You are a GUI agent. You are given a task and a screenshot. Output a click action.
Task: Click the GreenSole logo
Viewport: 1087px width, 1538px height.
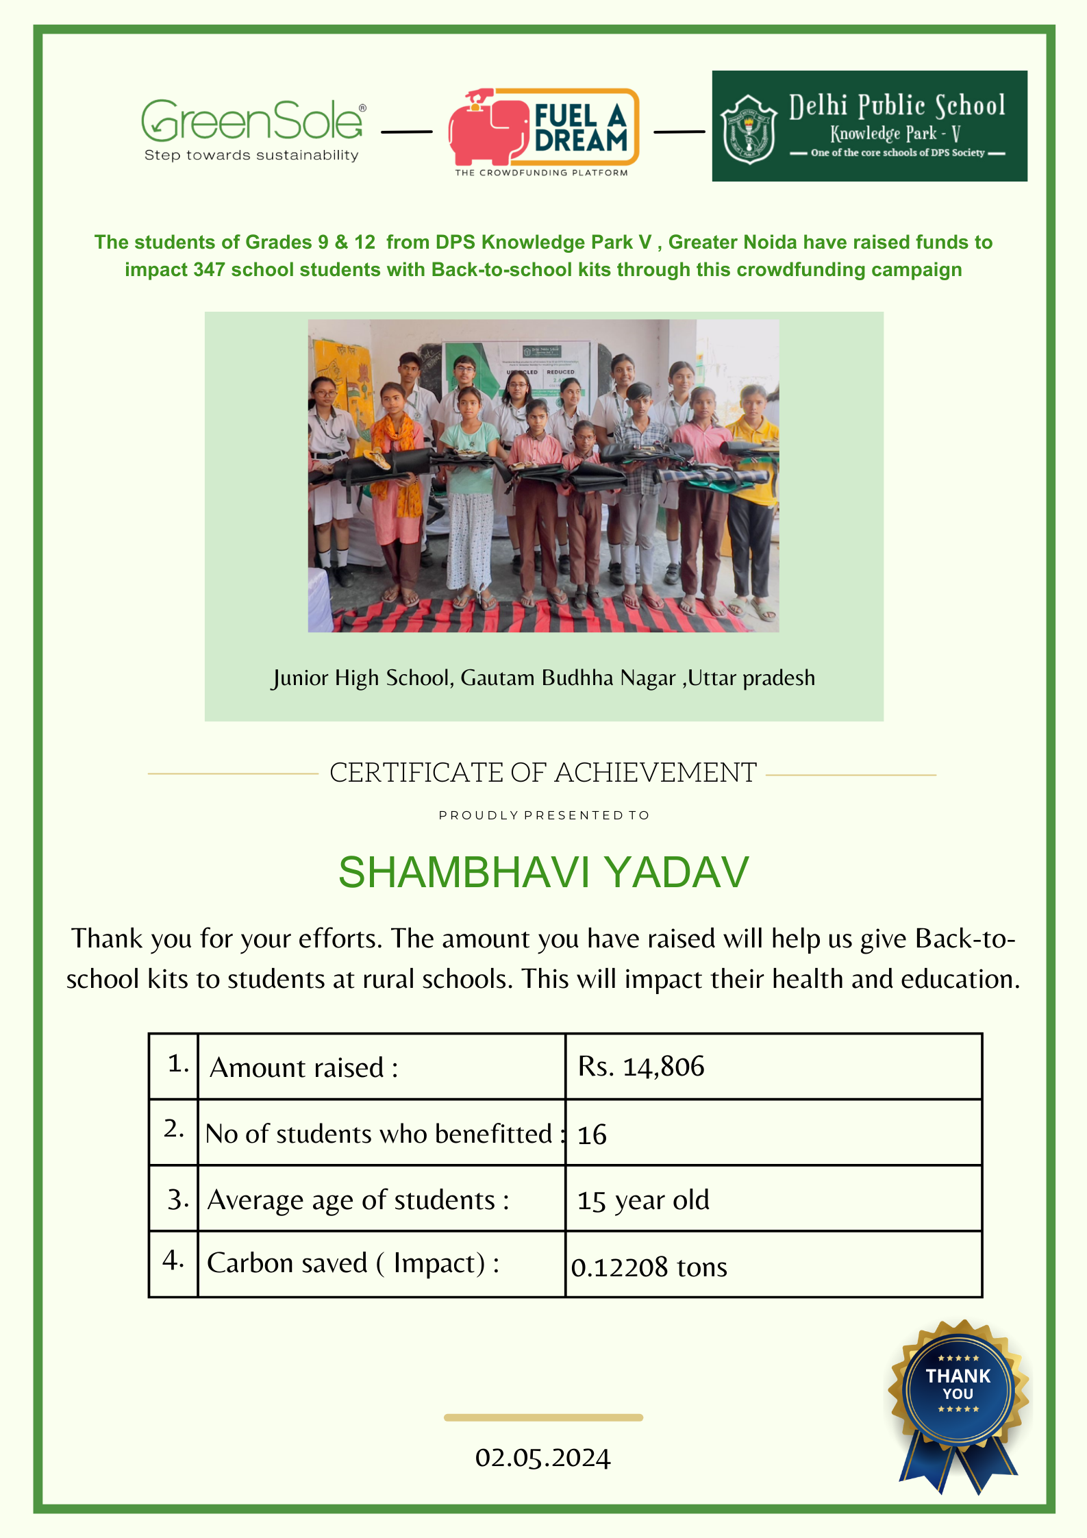tap(252, 121)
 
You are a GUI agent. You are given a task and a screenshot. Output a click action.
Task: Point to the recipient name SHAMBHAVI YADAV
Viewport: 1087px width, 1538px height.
tap(544, 873)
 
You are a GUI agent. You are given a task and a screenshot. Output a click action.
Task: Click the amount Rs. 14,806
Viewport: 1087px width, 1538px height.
tap(641, 1067)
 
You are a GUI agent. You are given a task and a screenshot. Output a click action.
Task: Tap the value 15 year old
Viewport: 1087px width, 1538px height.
tap(643, 1200)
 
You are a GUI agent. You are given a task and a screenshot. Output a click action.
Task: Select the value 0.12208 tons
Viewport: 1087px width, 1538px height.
tap(649, 1267)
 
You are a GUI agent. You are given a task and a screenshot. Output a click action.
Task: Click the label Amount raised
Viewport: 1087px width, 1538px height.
tap(303, 1068)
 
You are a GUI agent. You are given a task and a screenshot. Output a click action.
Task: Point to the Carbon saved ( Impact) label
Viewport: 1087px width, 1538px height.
tap(353, 1263)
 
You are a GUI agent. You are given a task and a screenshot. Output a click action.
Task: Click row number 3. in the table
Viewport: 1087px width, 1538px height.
tap(177, 1200)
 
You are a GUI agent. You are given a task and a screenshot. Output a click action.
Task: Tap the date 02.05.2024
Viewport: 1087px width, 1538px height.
tap(543, 1458)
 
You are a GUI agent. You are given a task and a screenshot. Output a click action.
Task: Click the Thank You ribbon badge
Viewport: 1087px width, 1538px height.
tap(958, 1398)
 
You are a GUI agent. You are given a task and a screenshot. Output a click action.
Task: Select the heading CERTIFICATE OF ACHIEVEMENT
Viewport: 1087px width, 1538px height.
tap(543, 773)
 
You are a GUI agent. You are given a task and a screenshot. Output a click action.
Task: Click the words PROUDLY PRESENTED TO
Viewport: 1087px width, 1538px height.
tap(544, 815)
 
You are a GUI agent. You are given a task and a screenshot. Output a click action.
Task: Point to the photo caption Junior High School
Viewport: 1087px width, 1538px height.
tap(543, 678)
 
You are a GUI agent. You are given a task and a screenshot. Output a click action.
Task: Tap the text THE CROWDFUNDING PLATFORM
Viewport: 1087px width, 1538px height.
tap(541, 173)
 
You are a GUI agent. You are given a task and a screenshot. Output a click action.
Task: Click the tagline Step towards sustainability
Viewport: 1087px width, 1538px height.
tap(251, 156)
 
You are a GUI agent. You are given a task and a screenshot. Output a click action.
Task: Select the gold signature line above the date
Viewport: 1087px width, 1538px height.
tap(543, 1417)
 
